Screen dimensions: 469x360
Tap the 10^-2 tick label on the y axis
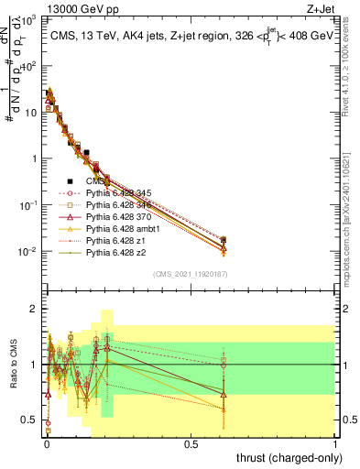click(x=27, y=251)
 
